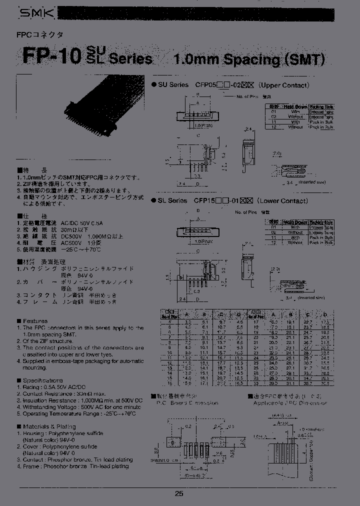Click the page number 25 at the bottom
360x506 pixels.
(x=179, y=493)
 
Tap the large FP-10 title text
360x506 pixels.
(x=50, y=55)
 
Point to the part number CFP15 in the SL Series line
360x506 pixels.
(x=205, y=201)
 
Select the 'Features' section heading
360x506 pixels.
(x=35, y=321)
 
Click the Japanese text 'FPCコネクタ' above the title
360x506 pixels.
(x=44, y=35)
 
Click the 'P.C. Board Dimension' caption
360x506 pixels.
(x=187, y=402)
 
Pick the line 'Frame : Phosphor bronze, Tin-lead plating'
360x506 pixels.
(x=75, y=466)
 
